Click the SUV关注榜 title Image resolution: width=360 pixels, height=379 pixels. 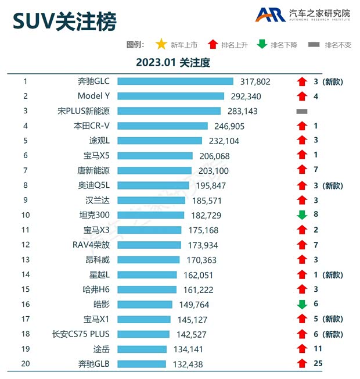64,22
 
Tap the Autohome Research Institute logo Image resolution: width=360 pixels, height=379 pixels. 301,15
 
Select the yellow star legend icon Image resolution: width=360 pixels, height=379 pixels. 161,45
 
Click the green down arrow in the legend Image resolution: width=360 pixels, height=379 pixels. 262,45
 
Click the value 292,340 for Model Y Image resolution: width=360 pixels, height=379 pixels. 246,96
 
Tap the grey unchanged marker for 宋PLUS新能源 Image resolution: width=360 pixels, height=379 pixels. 301,110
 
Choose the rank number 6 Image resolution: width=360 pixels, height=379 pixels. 26,155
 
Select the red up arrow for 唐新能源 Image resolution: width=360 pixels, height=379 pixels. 301,170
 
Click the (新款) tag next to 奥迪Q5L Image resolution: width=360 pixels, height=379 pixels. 333,185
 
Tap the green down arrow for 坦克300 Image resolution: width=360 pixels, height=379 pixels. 301,215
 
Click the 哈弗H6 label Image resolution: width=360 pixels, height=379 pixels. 96,289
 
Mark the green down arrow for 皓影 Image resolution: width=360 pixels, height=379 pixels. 301,304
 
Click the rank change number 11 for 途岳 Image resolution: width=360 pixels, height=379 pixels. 318,349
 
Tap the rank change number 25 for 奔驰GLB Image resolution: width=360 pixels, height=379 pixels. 318,364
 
